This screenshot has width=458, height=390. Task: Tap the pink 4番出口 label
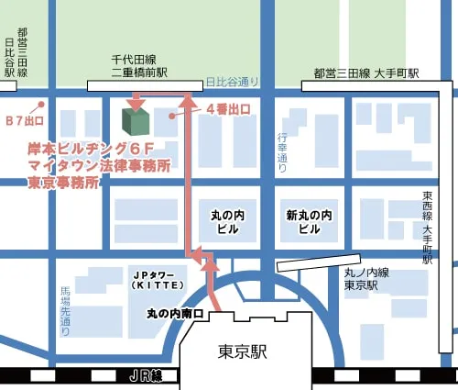(228, 109)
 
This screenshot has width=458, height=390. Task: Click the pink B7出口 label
(25, 120)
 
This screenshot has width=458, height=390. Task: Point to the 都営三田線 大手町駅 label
(365, 72)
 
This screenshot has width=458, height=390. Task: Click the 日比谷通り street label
(233, 82)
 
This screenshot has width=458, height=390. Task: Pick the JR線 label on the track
(145, 375)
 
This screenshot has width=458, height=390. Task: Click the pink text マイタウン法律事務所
(100, 165)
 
